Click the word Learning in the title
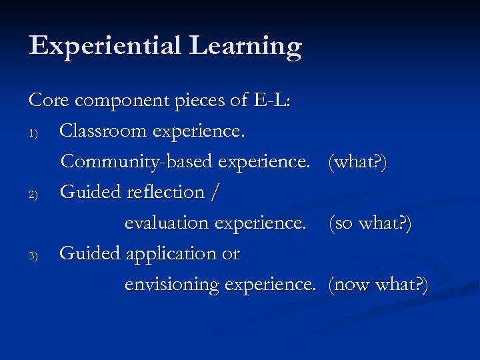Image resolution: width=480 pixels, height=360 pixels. (245, 47)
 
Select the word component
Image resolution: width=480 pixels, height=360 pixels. (125, 101)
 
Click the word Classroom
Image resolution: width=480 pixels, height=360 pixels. (103, 131)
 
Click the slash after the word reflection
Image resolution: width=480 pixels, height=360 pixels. (214, 193)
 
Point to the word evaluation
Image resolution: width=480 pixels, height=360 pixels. (167, 223)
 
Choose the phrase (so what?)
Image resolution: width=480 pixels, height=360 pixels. (370, 223)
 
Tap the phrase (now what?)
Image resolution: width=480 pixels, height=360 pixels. (379, 285)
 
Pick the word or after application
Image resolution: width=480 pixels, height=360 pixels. (230, 255)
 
